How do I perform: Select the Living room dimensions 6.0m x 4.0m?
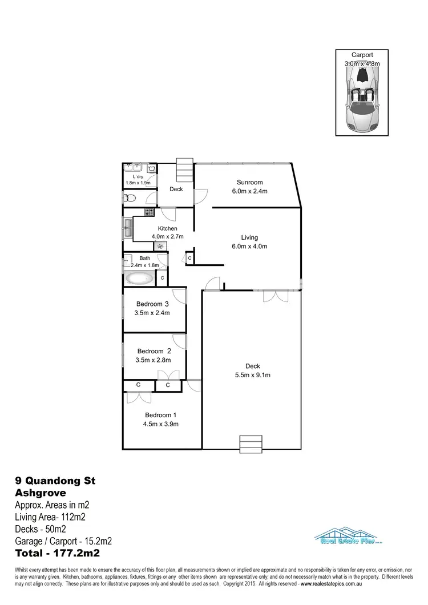249,247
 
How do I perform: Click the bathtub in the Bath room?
139,279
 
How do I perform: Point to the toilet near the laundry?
129,198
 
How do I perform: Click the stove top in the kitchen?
149,212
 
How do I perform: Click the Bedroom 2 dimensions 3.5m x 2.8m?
152,360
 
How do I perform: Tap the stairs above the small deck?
185,170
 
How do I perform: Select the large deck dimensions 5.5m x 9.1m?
253,375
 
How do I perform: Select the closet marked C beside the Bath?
162,278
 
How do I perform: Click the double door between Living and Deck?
272,297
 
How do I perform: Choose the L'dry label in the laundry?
138,177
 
